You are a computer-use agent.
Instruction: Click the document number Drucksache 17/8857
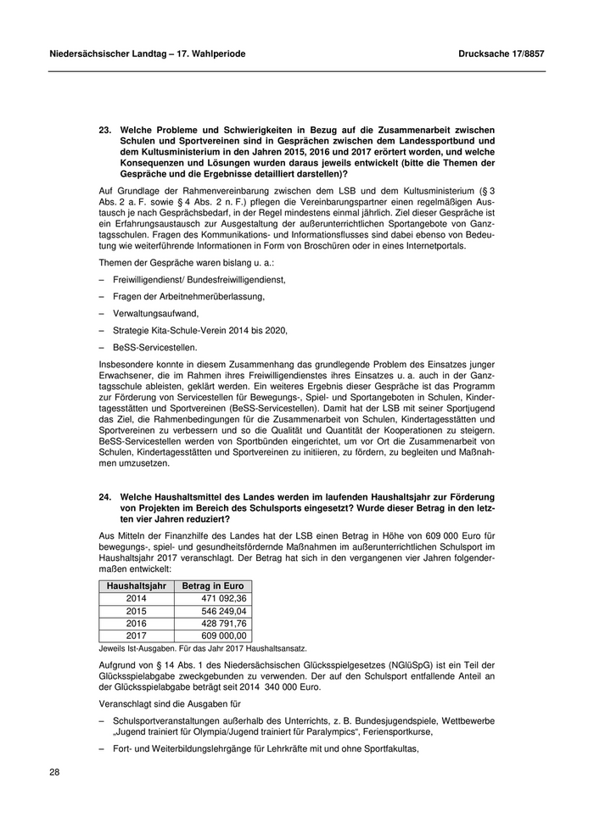500,53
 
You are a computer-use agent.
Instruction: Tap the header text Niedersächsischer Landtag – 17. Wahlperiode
148,53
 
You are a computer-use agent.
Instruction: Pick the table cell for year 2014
136,598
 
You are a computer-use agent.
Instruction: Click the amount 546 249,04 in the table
219,610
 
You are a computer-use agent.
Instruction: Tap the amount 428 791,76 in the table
219,623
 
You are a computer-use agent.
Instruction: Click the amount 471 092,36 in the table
219,598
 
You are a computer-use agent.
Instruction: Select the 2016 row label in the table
136,623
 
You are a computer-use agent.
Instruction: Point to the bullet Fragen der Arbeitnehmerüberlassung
188,296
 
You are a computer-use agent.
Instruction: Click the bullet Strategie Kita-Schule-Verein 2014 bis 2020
199,330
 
